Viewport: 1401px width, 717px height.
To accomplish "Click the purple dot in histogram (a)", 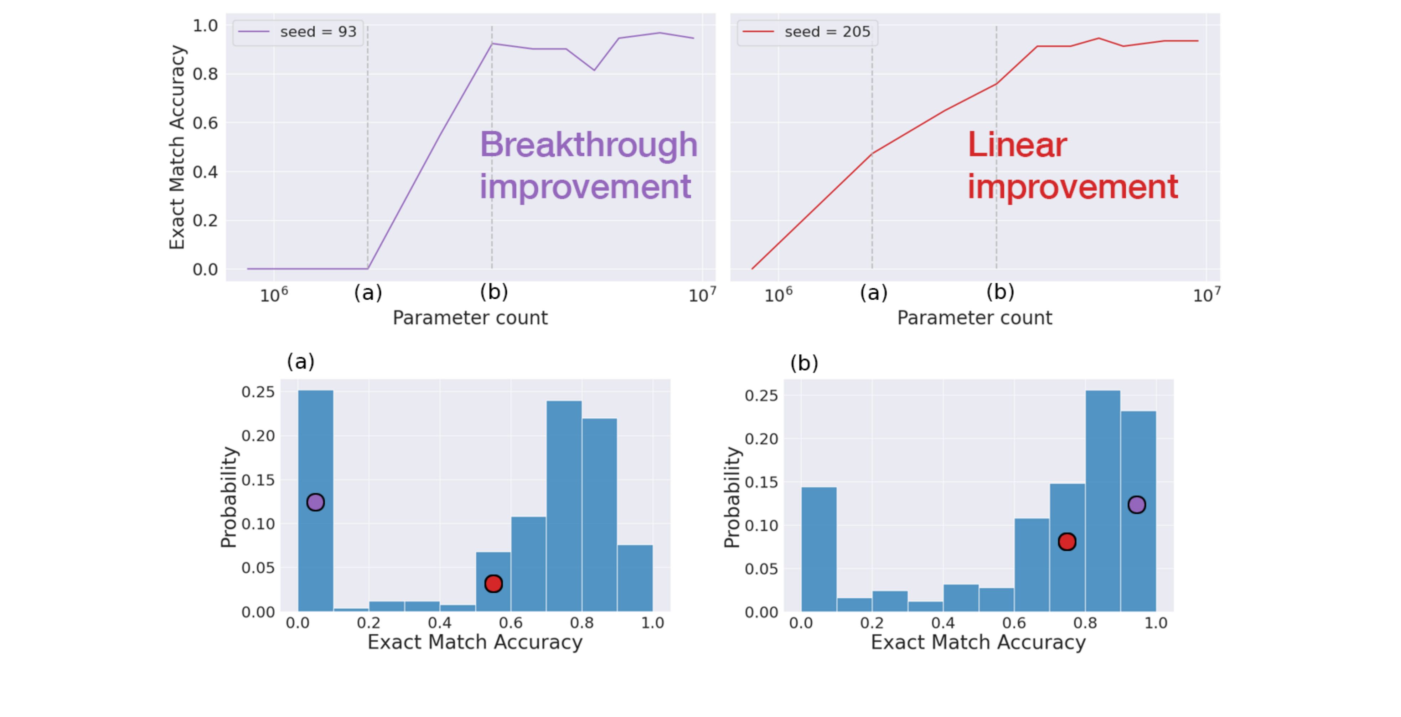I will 315,502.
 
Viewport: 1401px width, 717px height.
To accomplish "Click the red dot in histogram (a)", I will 493,584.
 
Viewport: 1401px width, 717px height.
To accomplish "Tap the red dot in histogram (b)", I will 1067,542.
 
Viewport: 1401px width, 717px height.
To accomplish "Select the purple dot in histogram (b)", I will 1137,505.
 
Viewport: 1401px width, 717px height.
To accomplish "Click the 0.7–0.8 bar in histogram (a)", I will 564,506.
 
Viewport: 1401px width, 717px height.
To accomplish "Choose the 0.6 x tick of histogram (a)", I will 511,623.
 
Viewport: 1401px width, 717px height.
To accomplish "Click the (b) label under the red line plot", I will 1000,293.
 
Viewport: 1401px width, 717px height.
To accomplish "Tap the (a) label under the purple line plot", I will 368,293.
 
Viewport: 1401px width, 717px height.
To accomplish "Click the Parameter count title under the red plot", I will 974,318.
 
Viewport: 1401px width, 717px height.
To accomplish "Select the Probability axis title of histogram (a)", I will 229,497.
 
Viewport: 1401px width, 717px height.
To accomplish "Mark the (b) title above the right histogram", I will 804,363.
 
